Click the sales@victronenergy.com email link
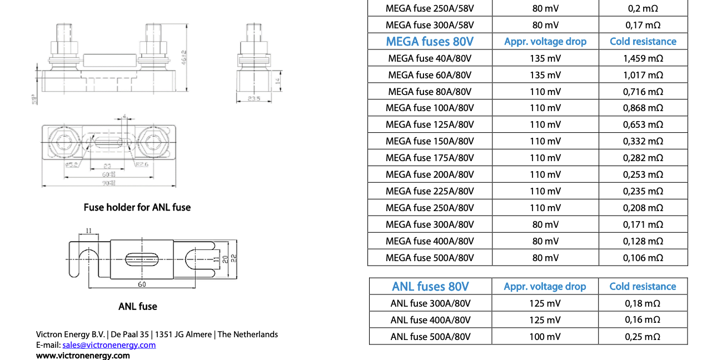109,345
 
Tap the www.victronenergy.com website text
83,356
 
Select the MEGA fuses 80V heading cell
430,42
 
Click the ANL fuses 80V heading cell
430,287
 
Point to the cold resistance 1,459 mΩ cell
643,58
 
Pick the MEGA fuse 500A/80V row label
430,258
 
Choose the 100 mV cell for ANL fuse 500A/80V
545,337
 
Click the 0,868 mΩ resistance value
643,108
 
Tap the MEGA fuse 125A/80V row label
430,124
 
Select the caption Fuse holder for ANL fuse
137,207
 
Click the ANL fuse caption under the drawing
138,306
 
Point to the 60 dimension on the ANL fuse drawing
142,284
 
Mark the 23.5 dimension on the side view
255,99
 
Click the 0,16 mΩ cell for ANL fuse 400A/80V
643,320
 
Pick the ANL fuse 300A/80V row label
430,303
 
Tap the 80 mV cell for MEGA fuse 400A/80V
545,241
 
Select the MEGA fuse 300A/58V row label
430,25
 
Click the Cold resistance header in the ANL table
643,287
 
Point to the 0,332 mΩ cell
643,141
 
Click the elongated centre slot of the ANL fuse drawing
142,258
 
